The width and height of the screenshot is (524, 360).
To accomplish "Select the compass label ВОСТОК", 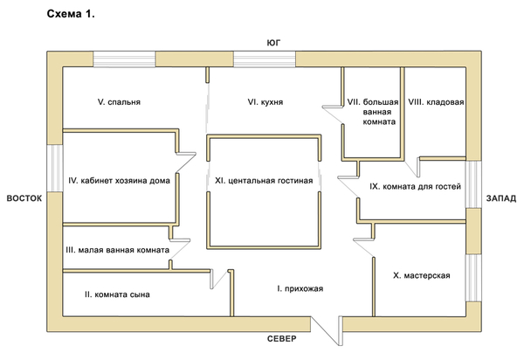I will coord(24,198).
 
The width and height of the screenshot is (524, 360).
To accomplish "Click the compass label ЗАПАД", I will coord(500,198).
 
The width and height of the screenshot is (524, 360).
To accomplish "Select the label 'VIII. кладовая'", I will coord(435,102).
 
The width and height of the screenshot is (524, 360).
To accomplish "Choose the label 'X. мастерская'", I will coord(422,276).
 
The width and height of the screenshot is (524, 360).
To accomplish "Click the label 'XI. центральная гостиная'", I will coord(263,182).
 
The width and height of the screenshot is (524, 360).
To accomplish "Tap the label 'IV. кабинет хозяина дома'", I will coord(119,182).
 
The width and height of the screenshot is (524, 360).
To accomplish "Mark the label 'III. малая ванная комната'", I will coord(118,250).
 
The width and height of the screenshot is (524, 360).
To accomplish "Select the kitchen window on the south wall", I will coord(265,59).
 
